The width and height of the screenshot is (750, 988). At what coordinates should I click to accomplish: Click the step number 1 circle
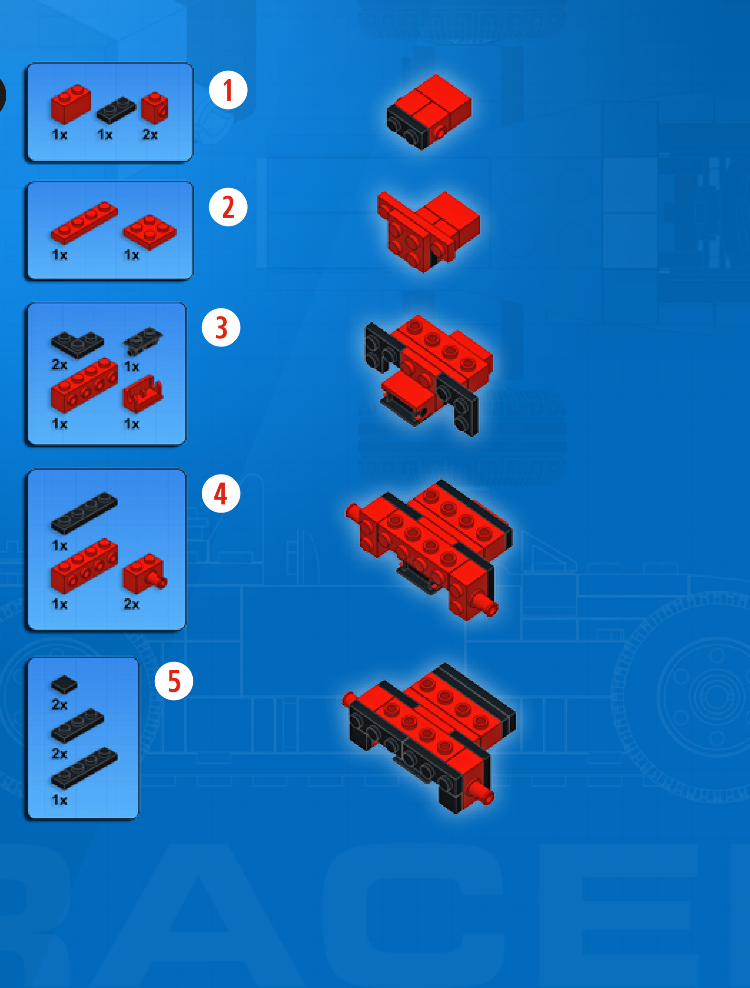click(228, 90)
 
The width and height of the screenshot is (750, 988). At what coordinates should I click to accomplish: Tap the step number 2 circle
click(228, 207)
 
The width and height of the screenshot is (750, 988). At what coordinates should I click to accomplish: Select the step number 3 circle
click(221, 327)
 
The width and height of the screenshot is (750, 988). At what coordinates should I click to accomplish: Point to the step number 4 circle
click(221, 494)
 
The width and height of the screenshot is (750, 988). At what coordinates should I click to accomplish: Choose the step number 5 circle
click(174, 681)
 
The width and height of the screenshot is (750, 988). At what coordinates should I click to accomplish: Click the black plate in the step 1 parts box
click(116, 110)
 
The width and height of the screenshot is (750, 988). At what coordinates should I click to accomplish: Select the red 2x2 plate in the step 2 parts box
click(150, 232)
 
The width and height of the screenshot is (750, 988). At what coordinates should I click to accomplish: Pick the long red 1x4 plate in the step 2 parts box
click(84, 223)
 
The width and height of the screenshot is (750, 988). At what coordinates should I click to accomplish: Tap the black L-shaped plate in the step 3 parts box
click(77, 344)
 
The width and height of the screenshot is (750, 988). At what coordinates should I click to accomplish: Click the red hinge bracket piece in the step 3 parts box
click(143, 394)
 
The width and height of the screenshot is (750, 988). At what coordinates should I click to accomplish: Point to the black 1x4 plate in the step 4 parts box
click(84, 513)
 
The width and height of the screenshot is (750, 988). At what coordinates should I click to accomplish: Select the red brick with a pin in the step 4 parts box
click(145, 573)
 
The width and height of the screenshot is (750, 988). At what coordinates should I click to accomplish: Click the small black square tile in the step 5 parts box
click(64, 684)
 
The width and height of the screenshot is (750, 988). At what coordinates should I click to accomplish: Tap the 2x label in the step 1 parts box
click(150, 135)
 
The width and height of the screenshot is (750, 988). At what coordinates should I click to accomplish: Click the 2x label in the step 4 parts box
click(131, 604)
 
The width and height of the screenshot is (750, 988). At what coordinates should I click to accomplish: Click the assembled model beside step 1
click(429, 112)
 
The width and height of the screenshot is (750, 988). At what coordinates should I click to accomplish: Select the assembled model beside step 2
click(428, 232)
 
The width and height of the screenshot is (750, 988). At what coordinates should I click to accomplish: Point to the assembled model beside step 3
click(429, 375)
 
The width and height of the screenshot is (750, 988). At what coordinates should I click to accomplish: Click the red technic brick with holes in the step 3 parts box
click(84, 385)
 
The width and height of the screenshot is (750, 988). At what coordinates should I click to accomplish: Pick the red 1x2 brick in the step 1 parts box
click(71, 104)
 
